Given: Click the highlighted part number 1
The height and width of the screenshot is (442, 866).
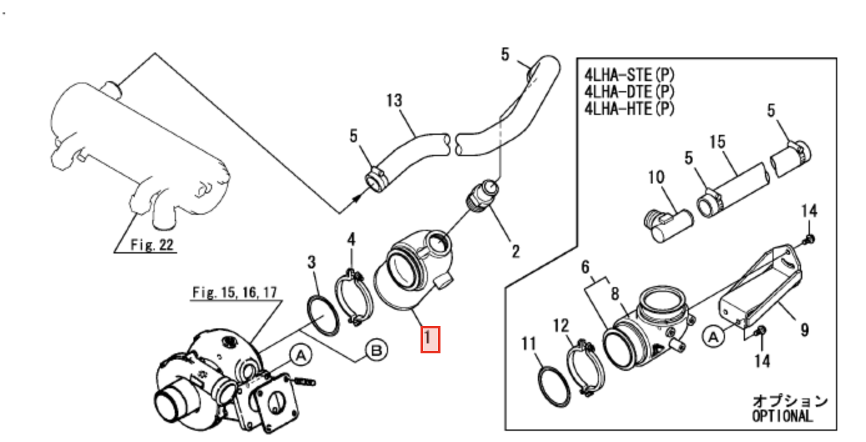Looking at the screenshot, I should coord(431,339).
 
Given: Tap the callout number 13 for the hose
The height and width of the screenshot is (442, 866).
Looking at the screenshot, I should coord(394,101).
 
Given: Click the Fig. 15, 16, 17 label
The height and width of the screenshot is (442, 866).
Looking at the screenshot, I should coord(235,292).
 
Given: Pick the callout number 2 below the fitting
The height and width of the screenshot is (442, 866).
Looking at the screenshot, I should coord(516,250).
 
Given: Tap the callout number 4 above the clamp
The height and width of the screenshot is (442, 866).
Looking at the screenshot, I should coord(351,239).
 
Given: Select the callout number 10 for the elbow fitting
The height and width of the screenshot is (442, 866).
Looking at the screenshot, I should coord(657,179).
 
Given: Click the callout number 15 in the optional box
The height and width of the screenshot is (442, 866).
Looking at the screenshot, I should coord(718,142).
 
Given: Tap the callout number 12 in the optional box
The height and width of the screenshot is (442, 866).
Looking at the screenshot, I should coord(561,325).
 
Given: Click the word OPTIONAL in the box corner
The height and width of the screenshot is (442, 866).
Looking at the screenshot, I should coord(782,416).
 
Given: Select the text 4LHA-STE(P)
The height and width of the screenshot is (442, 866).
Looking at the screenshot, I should coord(629,76).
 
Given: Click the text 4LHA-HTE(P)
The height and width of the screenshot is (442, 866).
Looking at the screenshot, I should coord(629,108).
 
